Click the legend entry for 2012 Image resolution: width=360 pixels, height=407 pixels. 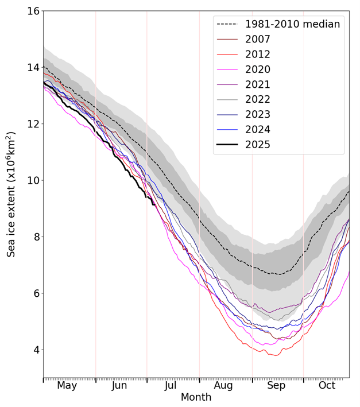257,55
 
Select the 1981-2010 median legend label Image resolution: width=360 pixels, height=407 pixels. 292,25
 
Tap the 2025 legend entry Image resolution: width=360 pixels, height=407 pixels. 257,144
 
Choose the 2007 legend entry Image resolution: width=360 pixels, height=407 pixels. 257,40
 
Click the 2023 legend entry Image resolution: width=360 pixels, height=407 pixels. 257,114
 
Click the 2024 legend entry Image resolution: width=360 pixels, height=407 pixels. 257,129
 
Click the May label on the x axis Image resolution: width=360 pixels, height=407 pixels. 67,386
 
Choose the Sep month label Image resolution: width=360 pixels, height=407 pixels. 276,386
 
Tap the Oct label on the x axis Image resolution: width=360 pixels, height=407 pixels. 327,386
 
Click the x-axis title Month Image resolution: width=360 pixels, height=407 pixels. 196,398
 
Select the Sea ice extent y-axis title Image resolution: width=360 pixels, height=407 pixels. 11,194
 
